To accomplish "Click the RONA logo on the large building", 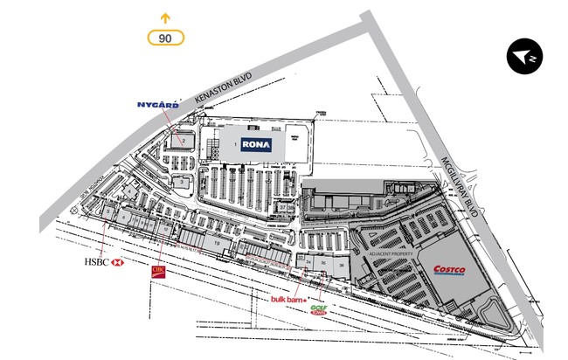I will click(256, 145).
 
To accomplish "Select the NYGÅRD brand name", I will click(158, 105).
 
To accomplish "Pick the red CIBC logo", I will click(158, 272).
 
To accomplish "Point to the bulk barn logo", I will click(287, 300).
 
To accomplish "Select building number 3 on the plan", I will click(181, 182).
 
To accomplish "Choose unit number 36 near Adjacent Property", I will click(339, 262).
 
